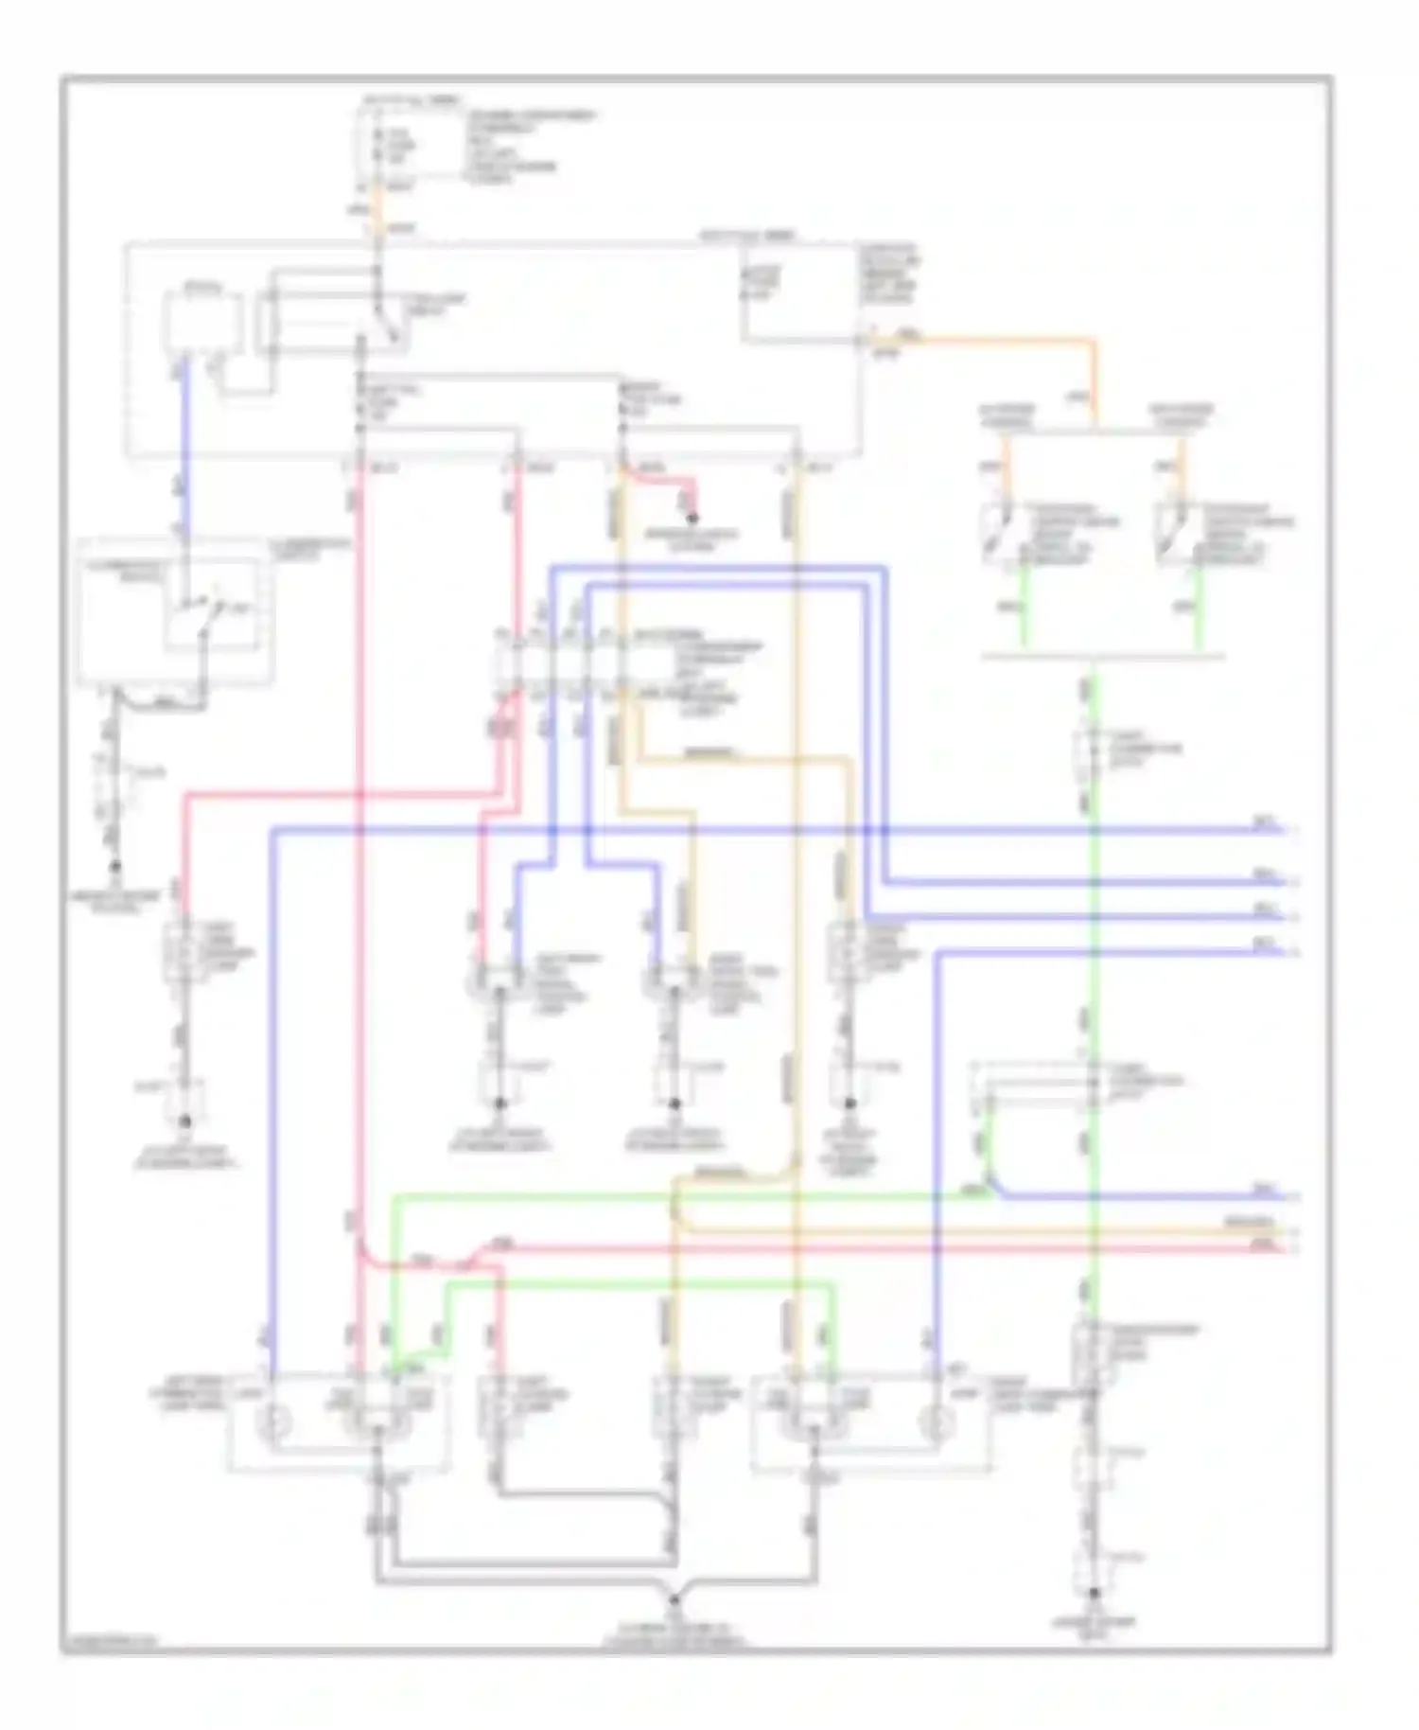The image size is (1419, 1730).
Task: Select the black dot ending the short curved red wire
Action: point(692,519)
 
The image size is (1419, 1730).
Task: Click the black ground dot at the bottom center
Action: point(674,1599)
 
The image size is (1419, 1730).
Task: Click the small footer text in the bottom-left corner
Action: point(109,1646)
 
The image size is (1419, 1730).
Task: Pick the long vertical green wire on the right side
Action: point(1094,946)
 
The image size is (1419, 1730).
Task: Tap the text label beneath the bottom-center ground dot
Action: point(674,1630)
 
